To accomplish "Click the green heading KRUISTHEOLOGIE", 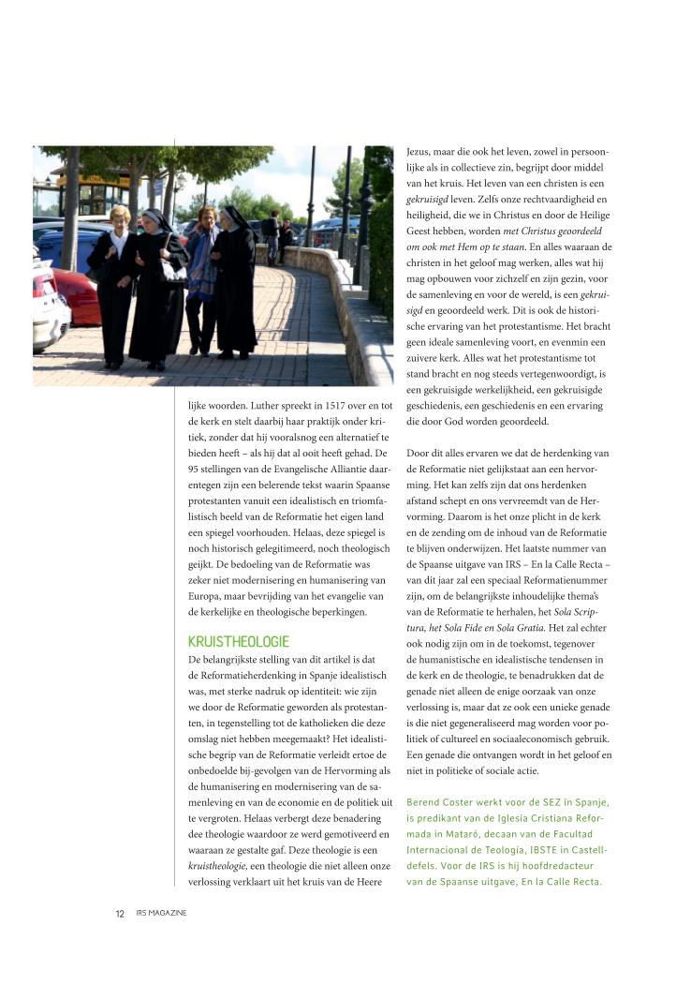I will (239, 642).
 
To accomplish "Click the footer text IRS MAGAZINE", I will (161, 913).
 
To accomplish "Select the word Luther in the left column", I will (252, 406).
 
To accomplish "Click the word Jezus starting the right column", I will (420, 151).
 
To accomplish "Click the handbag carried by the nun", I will (171, 272).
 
